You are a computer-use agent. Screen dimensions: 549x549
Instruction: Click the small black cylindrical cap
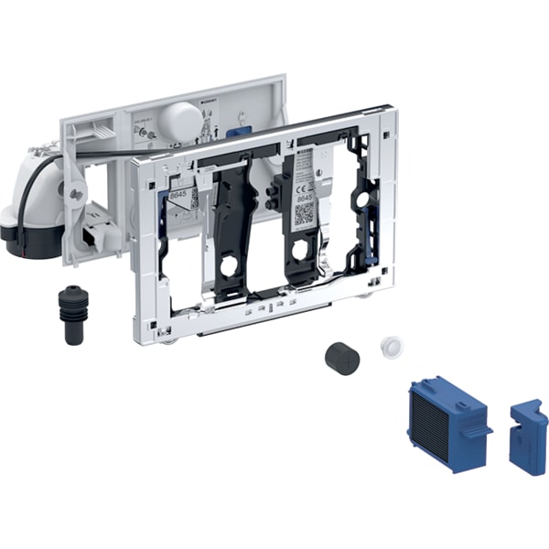341,358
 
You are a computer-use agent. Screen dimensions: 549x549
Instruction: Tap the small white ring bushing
392,347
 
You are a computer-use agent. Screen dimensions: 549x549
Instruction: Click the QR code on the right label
304,213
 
